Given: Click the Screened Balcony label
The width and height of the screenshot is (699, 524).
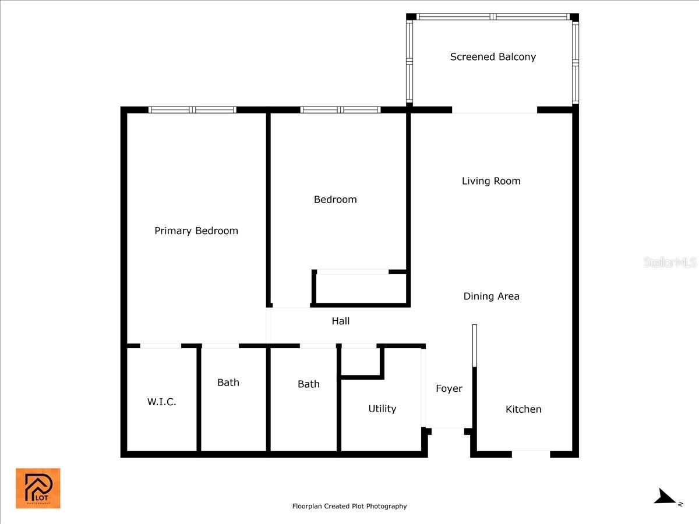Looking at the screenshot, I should click(493, 57).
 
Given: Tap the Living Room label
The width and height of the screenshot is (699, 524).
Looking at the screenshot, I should click(491, 181).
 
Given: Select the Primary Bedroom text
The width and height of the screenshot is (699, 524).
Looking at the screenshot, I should click(196, 231).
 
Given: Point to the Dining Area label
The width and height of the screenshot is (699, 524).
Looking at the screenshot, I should click(491, 296).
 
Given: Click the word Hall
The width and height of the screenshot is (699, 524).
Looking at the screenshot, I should click(341, 321).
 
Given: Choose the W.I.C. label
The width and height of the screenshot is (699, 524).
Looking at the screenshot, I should click(161, 402).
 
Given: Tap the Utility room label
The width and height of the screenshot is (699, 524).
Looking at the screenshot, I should click(382, 409).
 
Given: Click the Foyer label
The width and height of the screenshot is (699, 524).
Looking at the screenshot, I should click(449, 388).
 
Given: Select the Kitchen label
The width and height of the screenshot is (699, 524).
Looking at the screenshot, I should click(523, 409).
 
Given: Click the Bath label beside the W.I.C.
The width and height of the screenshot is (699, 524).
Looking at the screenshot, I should click(228, 383).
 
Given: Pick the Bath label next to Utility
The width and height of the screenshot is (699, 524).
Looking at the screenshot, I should click(309, 384).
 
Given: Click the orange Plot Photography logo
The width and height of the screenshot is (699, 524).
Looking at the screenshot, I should click(38, 488).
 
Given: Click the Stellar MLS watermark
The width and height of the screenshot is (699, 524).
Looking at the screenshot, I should click(670, 263).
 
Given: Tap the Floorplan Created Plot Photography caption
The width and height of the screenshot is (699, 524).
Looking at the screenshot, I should click(349, 507).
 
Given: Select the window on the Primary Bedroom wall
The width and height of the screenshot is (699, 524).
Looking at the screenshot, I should click(192, 109).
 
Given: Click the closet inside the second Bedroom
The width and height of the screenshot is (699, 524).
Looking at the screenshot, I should click(361, 288).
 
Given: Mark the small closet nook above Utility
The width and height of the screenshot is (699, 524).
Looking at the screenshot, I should click(360, 362).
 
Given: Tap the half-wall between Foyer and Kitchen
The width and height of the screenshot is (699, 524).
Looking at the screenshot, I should click(475, 346).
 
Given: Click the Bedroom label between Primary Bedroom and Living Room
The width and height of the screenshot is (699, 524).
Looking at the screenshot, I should click(335, 200).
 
